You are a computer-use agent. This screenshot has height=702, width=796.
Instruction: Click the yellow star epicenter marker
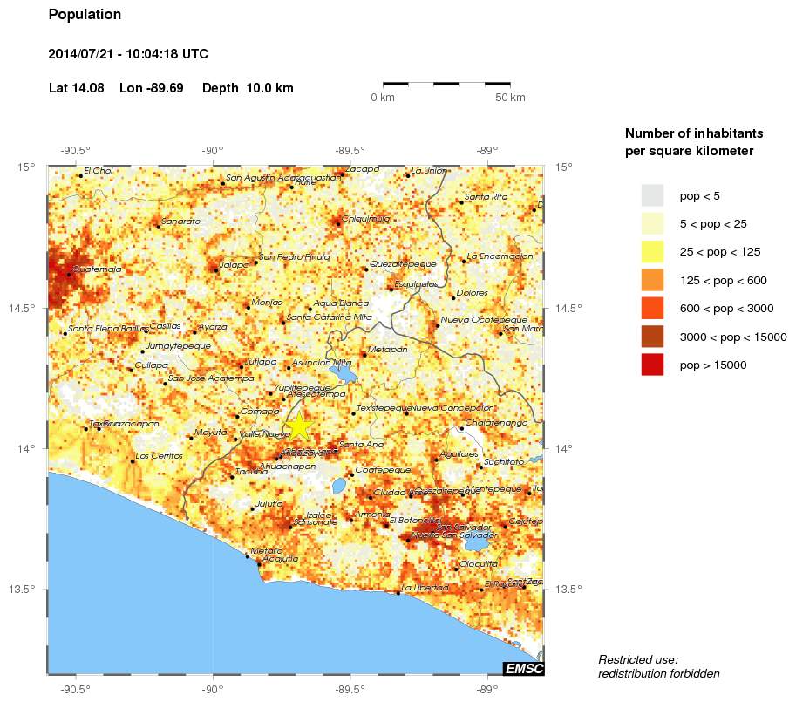(298, 426)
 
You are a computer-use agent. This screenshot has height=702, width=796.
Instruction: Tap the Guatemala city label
(98, 269)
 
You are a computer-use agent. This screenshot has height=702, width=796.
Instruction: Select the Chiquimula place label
(365, 219)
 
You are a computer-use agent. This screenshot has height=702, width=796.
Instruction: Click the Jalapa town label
(234, 264)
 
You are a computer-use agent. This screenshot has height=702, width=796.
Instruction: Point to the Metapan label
(388, 349)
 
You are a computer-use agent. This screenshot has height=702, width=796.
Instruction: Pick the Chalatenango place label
(497, 422)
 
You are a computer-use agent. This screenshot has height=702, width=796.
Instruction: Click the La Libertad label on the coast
(425, 588)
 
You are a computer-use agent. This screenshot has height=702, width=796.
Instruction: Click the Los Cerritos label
(160, 456)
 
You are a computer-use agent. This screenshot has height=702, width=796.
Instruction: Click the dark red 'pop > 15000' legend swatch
(652, 365)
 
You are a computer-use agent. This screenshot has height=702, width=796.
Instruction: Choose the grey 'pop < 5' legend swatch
(652, 194)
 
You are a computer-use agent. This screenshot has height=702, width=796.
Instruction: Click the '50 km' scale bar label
(510, 98)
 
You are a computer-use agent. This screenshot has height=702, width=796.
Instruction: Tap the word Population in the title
(85, 15)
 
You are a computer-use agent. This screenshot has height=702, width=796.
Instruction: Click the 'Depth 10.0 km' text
(248, 88)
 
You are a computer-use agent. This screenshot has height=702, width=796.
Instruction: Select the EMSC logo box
(523, 669)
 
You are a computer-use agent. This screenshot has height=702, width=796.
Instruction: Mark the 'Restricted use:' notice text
(638, 659)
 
